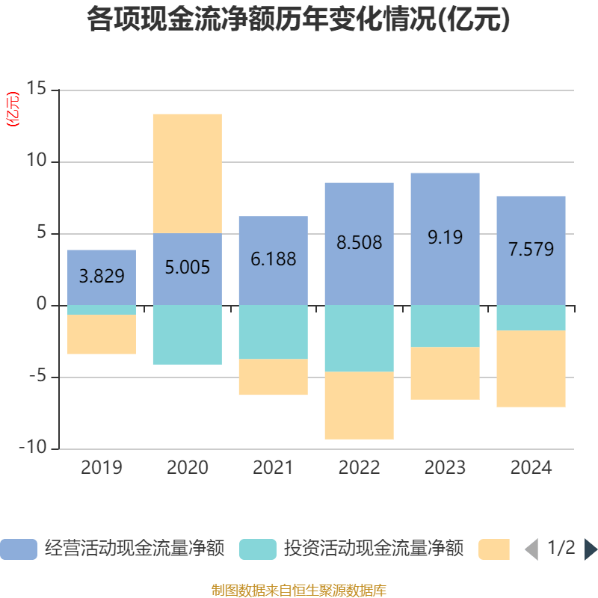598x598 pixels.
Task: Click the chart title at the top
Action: point(298,20)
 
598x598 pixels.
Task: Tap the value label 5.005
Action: point(188,267)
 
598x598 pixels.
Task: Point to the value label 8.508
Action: point(360,243)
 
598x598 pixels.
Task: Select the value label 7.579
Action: point(531,249)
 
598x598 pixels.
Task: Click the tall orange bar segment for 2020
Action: point(188,173)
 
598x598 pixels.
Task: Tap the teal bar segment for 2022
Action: point(360,338)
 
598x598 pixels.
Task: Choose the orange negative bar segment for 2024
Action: point(531,369)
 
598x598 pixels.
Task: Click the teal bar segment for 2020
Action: point(188,335)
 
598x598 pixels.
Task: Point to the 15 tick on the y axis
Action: point(37,90)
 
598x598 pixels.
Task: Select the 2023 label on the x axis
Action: point(446,468)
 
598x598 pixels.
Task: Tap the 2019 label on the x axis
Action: point(102,468)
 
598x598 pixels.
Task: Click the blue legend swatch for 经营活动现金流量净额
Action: point(19,549)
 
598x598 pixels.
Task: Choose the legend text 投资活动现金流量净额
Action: point(374,549)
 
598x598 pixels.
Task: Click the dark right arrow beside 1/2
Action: point(591,549)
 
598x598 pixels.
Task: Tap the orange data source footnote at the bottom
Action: point(298,591)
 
